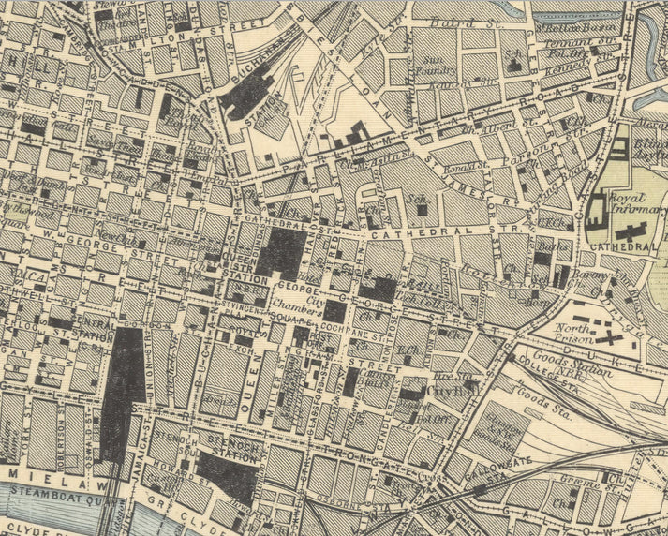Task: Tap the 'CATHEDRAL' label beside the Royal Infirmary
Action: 620,246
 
